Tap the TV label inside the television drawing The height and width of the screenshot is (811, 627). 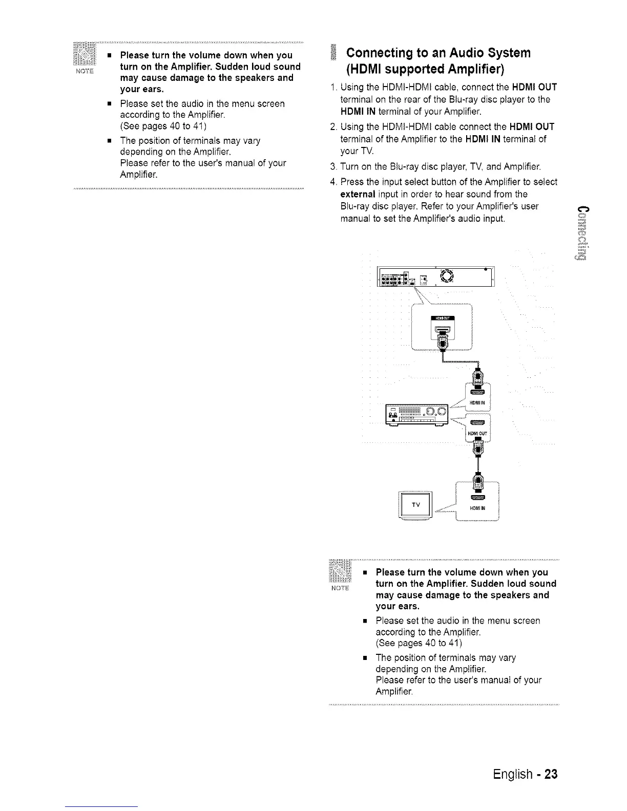point(415,505)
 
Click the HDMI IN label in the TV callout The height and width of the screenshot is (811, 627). point(477,508)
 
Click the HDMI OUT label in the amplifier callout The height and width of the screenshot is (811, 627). point(476,434)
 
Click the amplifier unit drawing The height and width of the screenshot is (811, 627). point(416,414)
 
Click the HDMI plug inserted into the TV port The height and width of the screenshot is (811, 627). point(477,481)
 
